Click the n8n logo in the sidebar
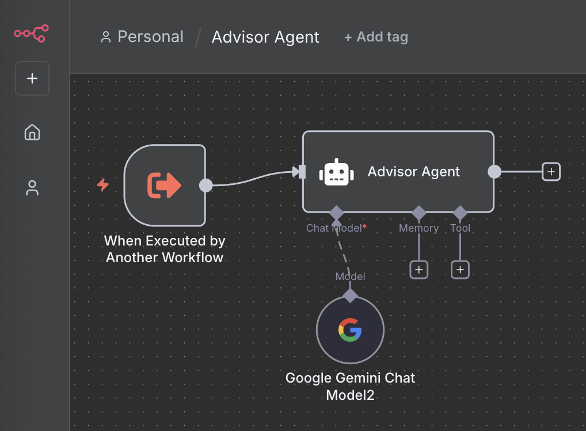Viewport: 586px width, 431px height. click(32, 34)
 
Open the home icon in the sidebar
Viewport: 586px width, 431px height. click(32, 133)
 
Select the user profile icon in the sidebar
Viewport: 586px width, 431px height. click(32, 188)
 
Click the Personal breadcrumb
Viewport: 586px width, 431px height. click(142, 37)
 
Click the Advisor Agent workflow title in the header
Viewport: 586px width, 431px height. click(265, 37)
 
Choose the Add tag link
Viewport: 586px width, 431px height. click(376, 37)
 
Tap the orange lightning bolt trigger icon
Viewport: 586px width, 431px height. click(103, 185)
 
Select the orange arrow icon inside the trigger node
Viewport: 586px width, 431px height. click(165, 185)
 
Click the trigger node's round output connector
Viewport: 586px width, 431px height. click(206, 185)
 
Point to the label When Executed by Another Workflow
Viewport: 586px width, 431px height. click(165, 249)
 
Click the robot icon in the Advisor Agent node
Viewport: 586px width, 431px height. click(336, 172)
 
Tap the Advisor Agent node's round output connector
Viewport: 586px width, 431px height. click(494, 172)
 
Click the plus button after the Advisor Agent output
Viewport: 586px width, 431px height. click(551, 172)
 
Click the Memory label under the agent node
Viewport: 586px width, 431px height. click(418, 228)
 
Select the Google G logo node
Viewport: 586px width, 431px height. click(350, 330)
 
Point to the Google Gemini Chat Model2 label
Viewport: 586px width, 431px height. click(350, 387)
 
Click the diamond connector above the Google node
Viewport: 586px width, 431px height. click(350, 296)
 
